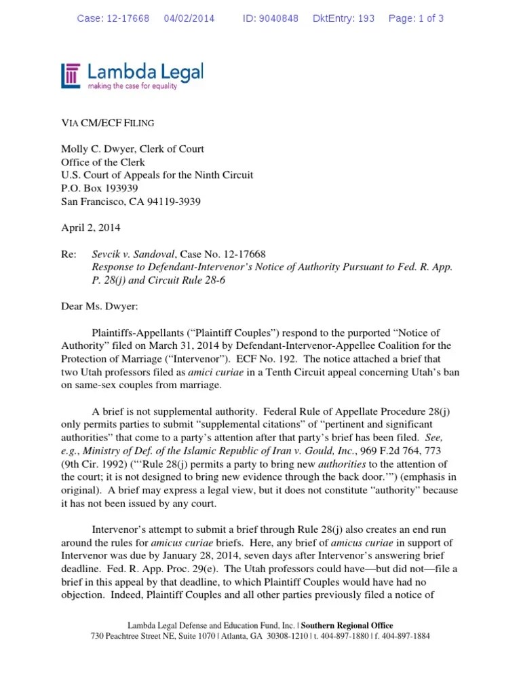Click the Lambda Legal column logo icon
(71, 75)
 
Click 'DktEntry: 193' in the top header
(343, 18)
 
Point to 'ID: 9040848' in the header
(270, 18)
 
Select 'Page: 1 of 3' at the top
(416, 18)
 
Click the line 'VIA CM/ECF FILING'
(108, 123)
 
